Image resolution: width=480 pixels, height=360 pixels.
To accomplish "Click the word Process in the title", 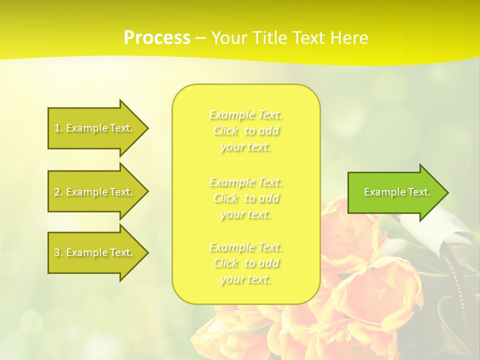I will point(157,38).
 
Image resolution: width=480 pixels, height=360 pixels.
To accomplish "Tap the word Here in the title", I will point(348,38).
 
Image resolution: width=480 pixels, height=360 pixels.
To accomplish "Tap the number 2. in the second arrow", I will point(58,192).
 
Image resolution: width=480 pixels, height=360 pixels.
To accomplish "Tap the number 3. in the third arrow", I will point(58,252).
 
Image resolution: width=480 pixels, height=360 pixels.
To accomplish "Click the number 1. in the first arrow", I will point(58,128).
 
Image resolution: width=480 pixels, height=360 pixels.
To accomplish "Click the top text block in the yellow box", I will point(246,130).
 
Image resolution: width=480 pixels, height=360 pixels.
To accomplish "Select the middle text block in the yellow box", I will point(246,198).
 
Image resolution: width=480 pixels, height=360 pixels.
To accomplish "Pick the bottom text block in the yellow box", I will point(246,263).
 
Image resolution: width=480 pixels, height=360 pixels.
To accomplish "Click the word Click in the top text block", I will point(225,131).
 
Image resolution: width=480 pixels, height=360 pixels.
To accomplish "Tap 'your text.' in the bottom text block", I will point(245,279).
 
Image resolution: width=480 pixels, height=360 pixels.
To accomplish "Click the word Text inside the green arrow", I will point(419,192).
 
